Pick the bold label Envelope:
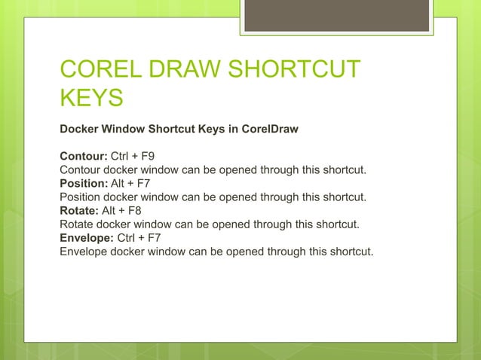(86, 238)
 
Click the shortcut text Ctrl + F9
(135, 157)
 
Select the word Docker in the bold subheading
(78, 129)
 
